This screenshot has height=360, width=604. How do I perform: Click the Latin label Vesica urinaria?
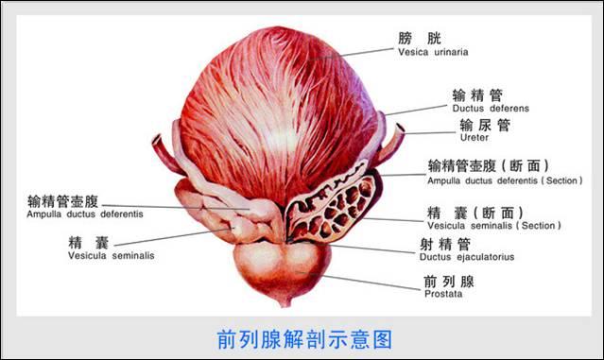point(433,53)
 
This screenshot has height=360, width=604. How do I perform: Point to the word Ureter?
point(474,138)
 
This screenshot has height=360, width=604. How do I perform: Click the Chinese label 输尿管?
point(485,124)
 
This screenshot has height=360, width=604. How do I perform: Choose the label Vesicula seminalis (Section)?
point(493,226)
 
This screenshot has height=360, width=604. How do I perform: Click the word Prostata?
point(443,294)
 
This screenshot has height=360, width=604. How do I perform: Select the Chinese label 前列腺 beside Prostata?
point(449,280)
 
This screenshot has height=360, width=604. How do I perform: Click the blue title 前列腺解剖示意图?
point(302,337)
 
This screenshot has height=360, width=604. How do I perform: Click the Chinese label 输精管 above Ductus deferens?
point(477,94)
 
